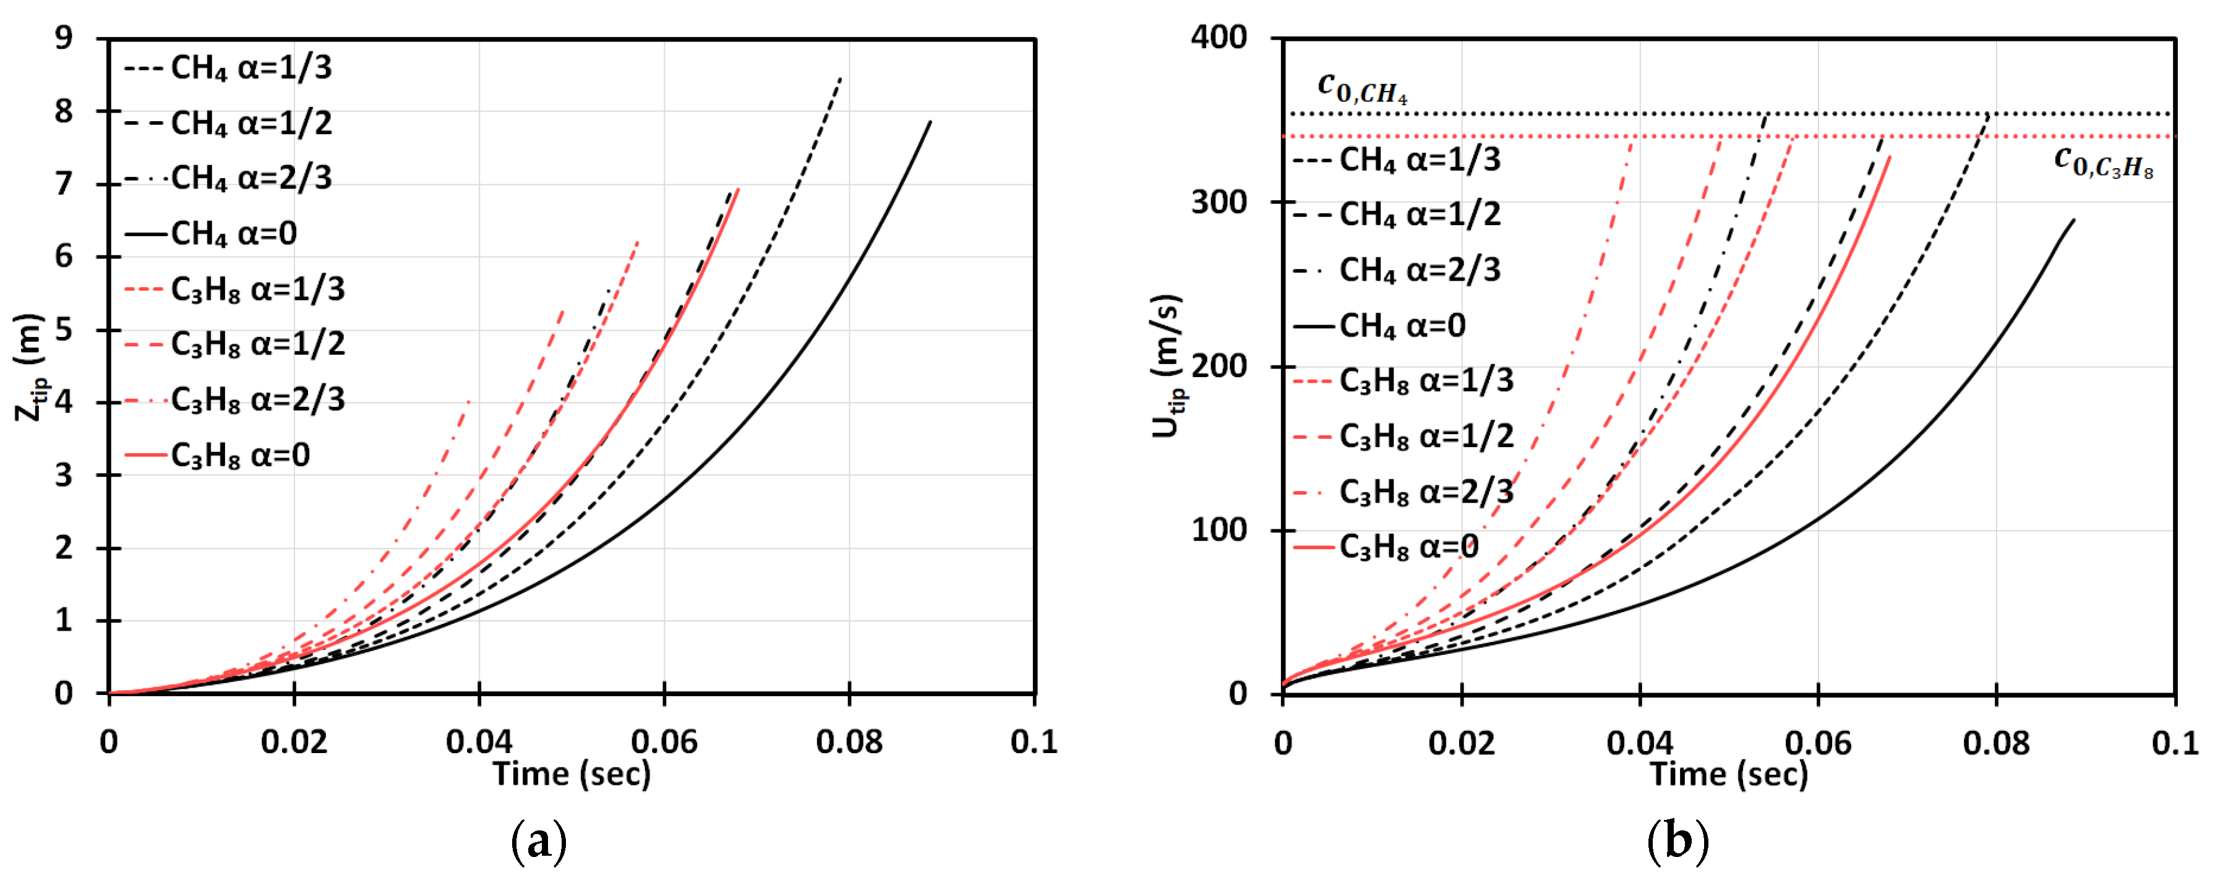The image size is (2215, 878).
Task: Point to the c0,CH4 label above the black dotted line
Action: tap(1362, 88)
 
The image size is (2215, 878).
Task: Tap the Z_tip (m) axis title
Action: tap(30, 367)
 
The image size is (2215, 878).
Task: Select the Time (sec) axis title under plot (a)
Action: tap(572, 774)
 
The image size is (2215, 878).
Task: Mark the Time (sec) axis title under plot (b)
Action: tap(1728, 774)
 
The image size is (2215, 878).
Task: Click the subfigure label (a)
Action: tap(539, 841)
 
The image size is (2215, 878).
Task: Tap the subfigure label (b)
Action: tap(1677, 841)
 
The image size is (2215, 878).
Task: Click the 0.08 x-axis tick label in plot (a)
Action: tap(849, 741)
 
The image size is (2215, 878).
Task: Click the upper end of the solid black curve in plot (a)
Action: tap(930, 122)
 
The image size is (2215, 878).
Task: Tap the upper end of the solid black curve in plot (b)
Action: tap(2074, 220)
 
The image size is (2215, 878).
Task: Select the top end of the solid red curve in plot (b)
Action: tap(1890, 158)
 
